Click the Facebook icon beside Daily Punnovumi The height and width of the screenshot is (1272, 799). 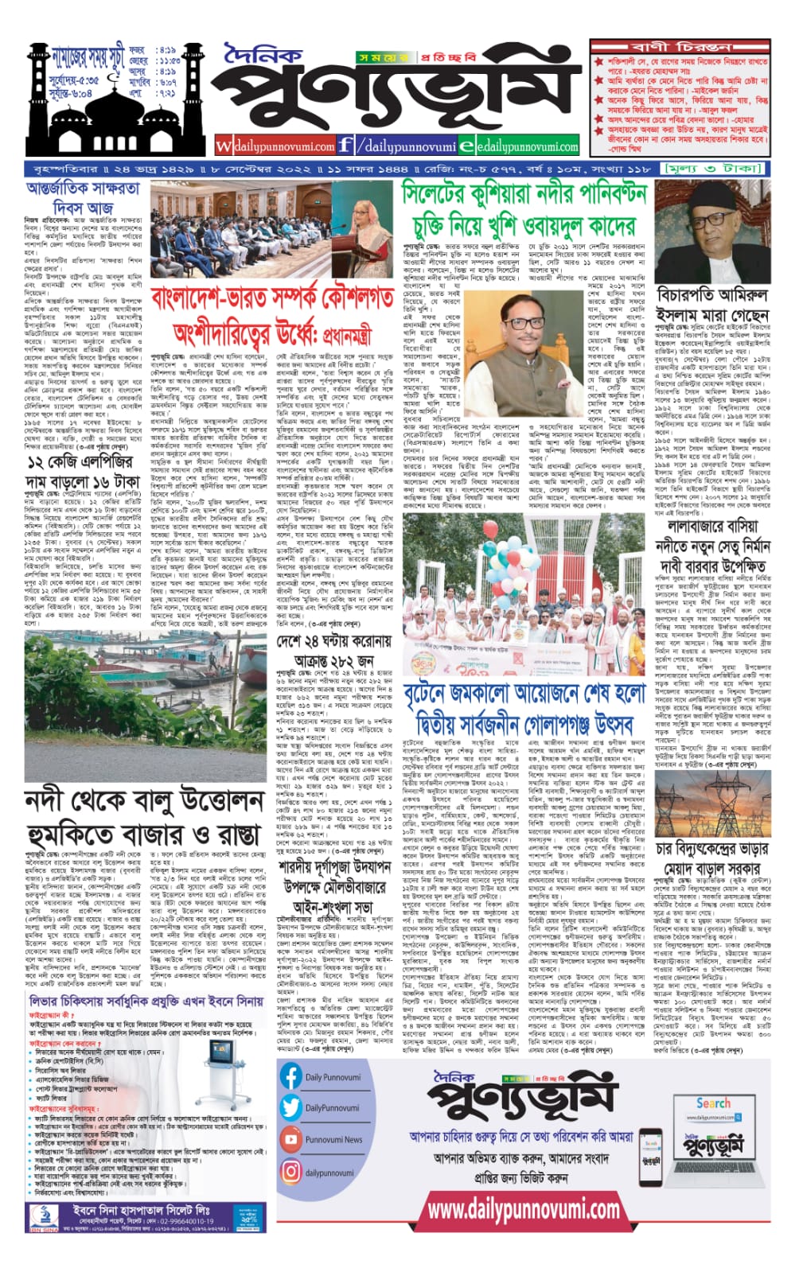(x=291, y=1076)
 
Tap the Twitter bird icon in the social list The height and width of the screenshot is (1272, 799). (x=291, y=1107)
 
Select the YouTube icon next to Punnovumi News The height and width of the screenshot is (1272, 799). (x=291, y=1139)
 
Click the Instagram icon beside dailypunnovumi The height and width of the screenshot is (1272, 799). (x=291, y=1172)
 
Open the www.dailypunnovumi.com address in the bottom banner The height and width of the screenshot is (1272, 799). (x=523, y=1209)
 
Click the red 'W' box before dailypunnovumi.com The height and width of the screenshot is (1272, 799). (x=224, y=146)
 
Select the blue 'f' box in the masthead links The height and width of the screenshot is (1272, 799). (x=345, y=146)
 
